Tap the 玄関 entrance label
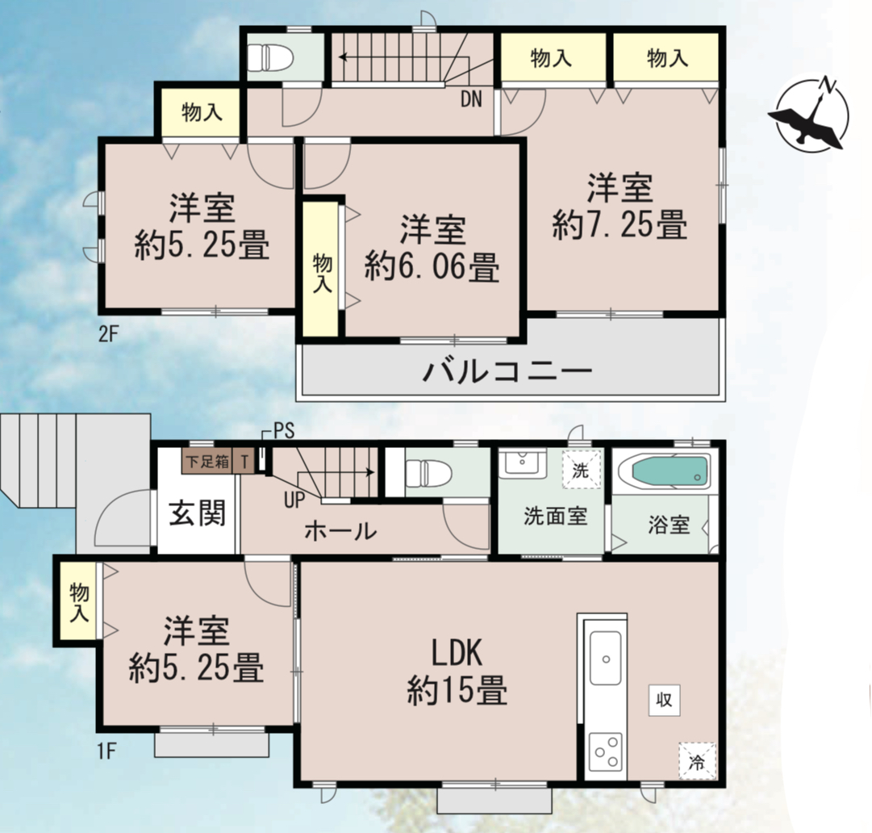pyautogui.click(x=198, y=513)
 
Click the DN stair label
pyautogui.click(x=471, y=99)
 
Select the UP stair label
pyautogui.click(x=294, y=500)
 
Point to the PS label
pyautogui.click(x=284, y=431)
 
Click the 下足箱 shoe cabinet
pyautogui.click(x=207, y=461)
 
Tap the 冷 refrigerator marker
pyautogui.click(x=697, y=761)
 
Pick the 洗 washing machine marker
pyautogui.click(x=581, y=470)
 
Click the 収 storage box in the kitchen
pyautogui.click(x=665, y=700)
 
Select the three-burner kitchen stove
pyautogui.click(x=606, y=752)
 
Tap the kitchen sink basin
pyautogui.click(x=606, y=658)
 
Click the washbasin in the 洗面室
pyautogui.click(x=522, y=463)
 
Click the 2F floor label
pyautogui.click(x=108, y=334)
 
